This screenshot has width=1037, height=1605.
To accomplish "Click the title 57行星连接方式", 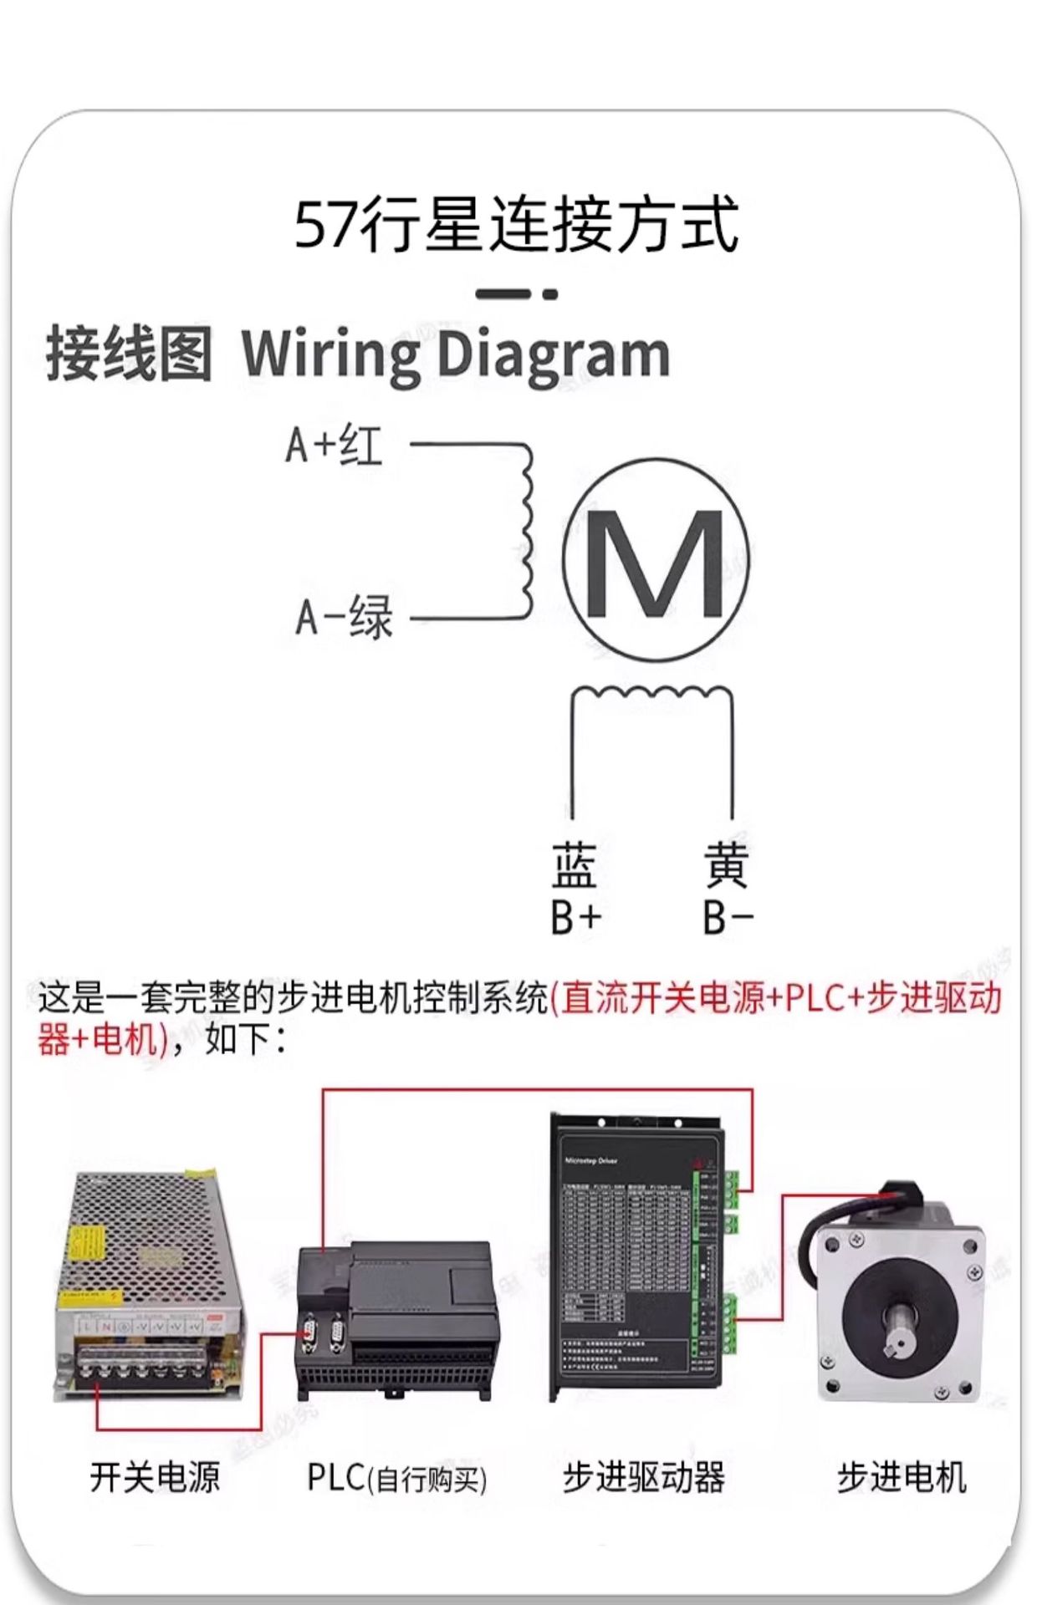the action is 517,224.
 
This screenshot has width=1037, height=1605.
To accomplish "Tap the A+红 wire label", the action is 334,445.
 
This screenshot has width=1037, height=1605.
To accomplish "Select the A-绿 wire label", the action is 344,618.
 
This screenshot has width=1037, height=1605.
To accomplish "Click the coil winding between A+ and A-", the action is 525,531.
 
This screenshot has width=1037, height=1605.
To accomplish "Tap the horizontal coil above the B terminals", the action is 652,693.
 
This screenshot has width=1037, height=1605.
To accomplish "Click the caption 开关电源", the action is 155,1478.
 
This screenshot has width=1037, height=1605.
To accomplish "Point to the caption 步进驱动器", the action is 643,1478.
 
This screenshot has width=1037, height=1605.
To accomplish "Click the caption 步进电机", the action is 902,1478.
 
